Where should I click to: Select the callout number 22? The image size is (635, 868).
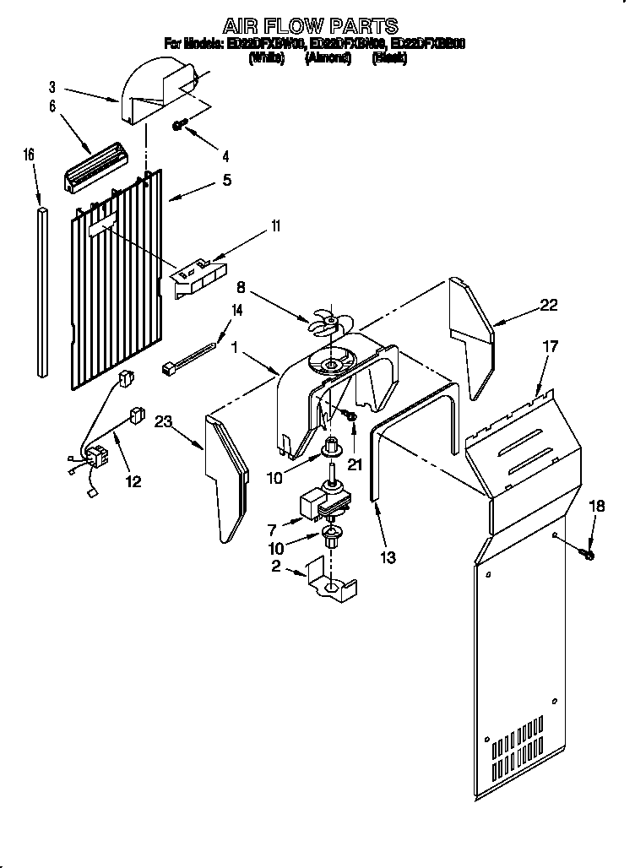(x=549, y=306)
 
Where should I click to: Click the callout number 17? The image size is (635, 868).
(x=550, y=346)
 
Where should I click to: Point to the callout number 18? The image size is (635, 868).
(x=597, y=506)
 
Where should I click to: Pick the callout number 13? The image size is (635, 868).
(x=388, y=557)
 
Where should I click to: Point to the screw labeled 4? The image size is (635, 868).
(x=179, y=125)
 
